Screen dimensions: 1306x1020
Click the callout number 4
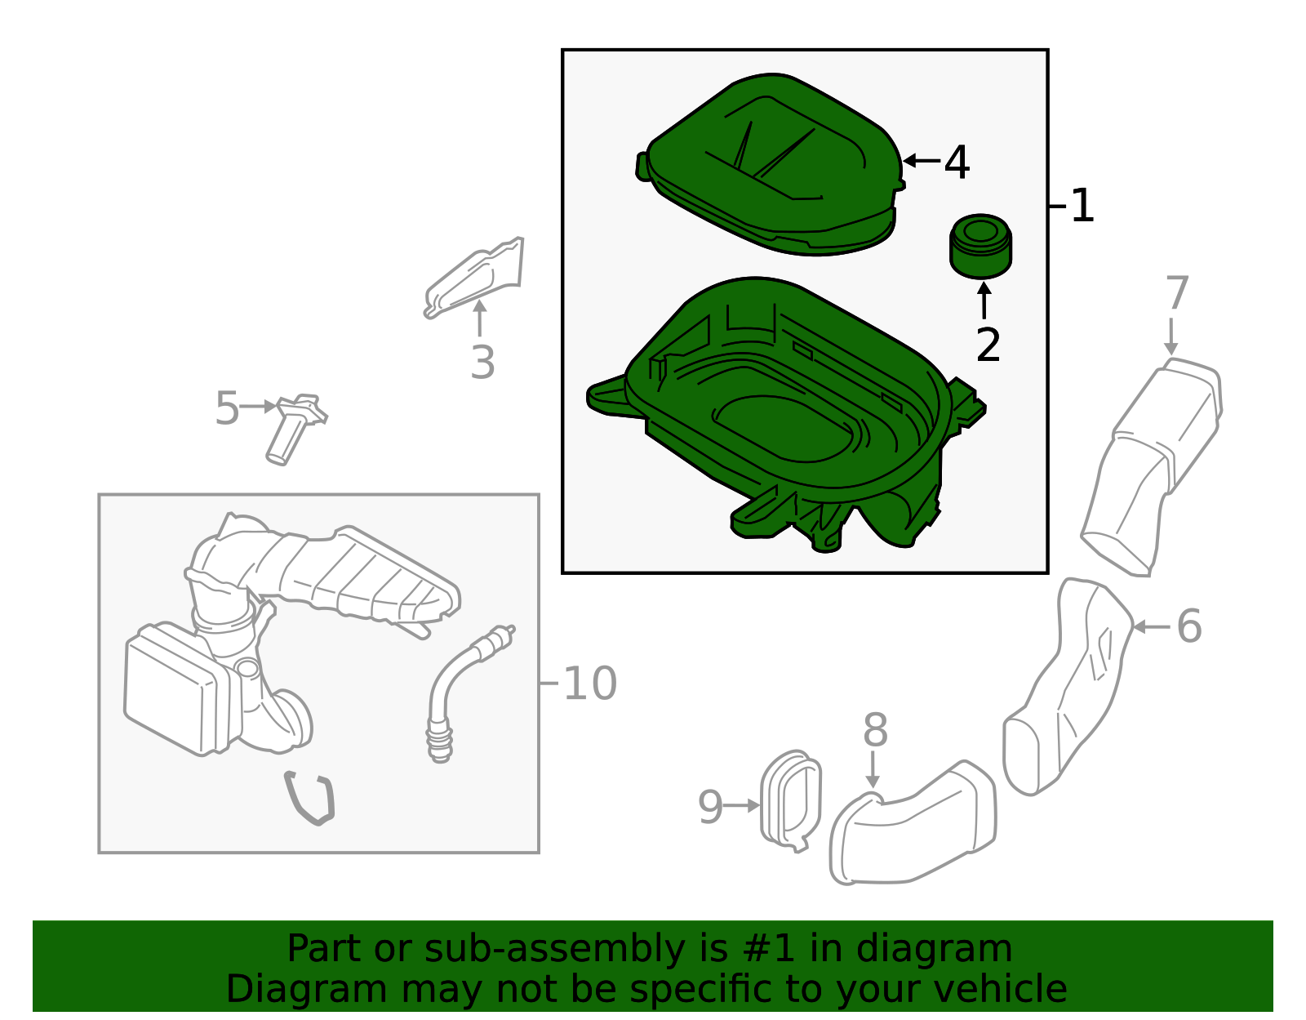point(956,162)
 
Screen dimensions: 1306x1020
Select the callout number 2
point(988,345)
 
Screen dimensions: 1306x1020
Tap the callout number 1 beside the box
point(1082,206)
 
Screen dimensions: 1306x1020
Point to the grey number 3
point(482,363)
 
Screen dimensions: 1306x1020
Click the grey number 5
point(227,408)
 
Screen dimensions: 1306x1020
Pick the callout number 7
point(1177,292)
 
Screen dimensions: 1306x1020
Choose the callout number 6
point(1188,626)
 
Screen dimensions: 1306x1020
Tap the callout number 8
point(875,730)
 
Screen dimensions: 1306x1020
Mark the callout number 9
point(710,807)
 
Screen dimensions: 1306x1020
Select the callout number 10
point(589,684)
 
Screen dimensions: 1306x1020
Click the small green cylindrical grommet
point(980,247)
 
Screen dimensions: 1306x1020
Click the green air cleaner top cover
point(770,164)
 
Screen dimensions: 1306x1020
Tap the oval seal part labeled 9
point(790,801)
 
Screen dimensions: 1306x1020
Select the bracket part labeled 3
point(474,278)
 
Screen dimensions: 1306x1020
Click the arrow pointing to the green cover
point(922,161)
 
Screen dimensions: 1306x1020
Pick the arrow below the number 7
point(1171,336)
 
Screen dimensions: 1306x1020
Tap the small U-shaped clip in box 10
point(309,798)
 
